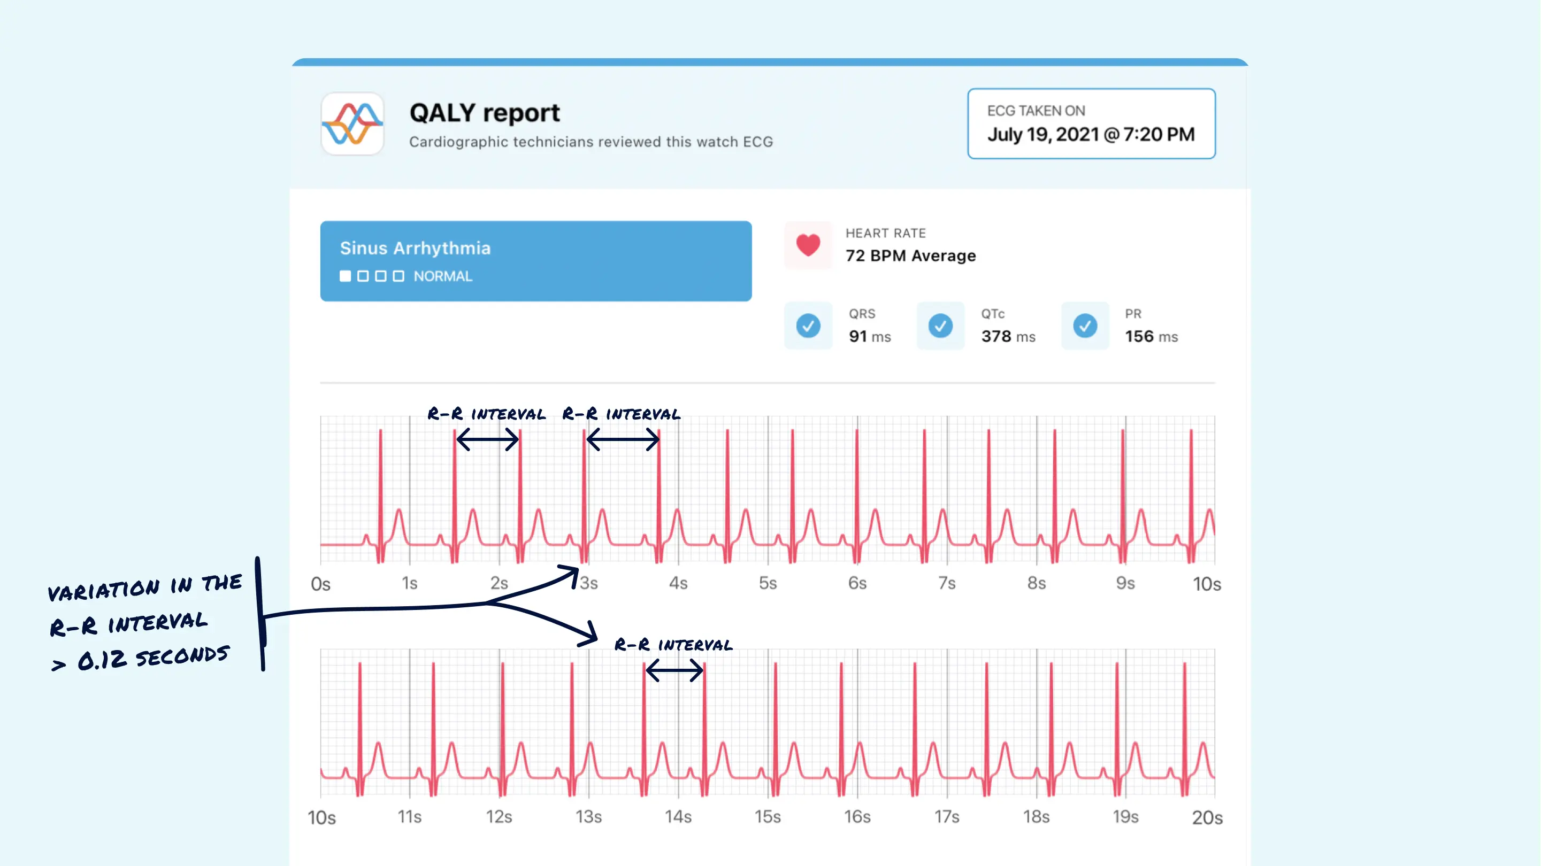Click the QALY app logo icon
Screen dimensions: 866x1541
click(x=352, y=124)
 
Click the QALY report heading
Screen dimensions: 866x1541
click(x=484, y=113)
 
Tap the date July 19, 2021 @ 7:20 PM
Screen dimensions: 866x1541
click(x=1091, y=135)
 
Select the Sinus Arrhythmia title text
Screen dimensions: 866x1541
click(x=415, y=248)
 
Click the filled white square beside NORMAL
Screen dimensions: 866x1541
click(x=345, y=276)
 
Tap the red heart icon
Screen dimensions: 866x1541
click(x=808, y=245)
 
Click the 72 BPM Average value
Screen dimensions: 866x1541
click(x=910, y=256)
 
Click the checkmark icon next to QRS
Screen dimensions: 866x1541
click(x=808, y=326)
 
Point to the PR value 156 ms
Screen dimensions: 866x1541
click(x=1151, y=337)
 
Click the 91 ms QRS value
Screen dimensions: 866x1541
click(x=869, y=337)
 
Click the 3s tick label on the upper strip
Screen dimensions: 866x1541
click(x=589, y=583)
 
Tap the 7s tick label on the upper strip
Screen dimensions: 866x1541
click(x=946, y=583)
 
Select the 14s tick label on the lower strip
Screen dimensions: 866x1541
click(x=678, y=817)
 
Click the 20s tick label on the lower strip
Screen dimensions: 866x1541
click(x=1207, y=817)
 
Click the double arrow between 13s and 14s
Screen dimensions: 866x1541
click(x=674, y=670)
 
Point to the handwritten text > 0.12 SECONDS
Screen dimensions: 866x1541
click(x=141, y=658)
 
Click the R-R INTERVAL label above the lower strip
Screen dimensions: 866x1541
click(x=673, y=645)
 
